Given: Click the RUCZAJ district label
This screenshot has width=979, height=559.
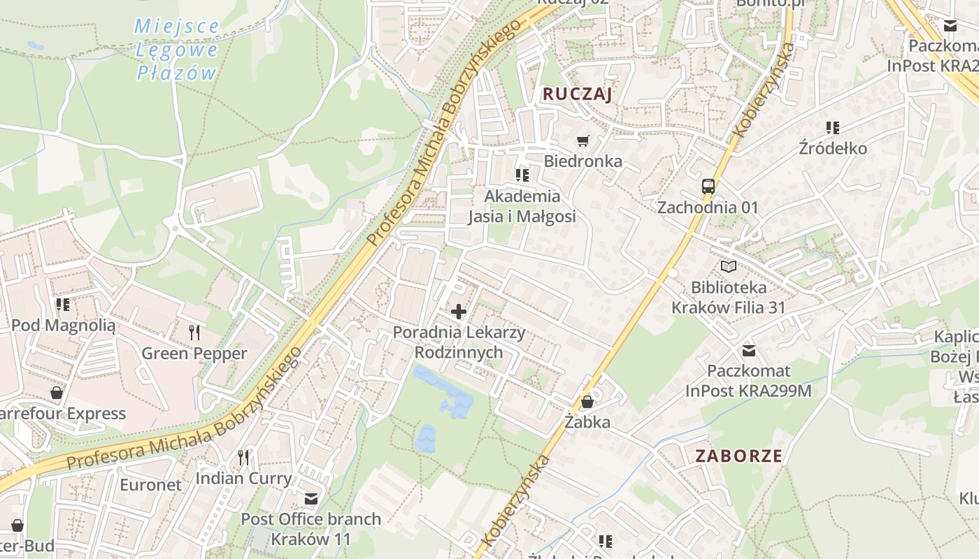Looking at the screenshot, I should (x=577, y=94).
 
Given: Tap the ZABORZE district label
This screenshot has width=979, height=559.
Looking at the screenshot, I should (x=738, y=456).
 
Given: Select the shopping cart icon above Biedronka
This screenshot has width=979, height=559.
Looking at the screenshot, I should (x=583, y=140).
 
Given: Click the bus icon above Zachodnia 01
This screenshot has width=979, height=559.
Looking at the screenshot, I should (x=708, y=187).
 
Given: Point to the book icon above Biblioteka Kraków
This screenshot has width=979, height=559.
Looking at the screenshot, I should (x=729, y=266).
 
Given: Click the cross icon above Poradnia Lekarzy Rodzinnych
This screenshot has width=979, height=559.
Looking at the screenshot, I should (x=459, y=312).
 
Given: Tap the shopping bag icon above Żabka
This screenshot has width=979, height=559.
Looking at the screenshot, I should (x=587, y=402).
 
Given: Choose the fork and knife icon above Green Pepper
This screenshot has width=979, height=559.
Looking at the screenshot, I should (x=194, y=332).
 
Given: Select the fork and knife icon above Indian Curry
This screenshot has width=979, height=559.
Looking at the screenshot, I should (x=243, y=458).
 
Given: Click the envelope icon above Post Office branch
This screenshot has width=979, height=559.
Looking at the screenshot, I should (x=310, y=499).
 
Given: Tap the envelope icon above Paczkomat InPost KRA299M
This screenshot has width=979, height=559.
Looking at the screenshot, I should (x=749, y=350).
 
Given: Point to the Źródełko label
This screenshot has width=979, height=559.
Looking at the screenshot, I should (x=833, y=149).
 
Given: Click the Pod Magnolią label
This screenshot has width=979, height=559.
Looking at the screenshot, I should (x=63, y=325).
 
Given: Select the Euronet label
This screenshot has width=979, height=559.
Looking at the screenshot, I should (x=150, y=484).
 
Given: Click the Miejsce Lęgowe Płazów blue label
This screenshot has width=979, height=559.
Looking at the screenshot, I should (x=176, y=50).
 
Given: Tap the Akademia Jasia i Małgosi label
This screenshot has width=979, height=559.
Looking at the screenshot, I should (x=522, y=206).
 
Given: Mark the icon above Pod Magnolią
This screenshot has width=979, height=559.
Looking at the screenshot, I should (x=63, y=305).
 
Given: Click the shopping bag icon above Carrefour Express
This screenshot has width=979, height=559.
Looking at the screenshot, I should (x=56, y=393).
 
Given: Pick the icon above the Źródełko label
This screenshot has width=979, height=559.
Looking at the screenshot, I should (x=832, y=128).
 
